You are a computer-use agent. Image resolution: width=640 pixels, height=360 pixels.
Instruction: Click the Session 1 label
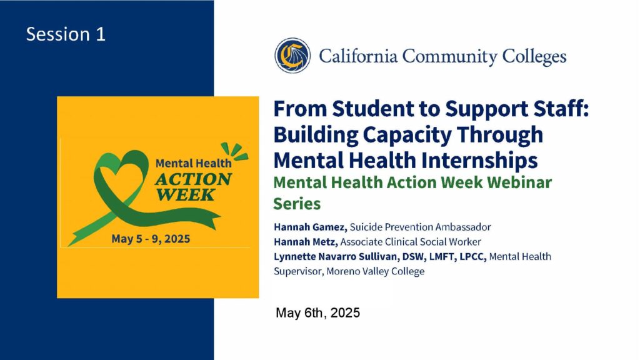[66, 34]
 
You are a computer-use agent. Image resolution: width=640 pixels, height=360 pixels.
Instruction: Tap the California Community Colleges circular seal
[292, 56]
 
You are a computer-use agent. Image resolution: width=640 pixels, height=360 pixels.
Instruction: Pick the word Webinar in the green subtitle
[519, 182]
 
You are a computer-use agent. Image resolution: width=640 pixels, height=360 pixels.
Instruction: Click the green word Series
[297, 204]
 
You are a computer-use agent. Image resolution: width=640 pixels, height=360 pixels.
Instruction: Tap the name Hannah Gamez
[310, 227]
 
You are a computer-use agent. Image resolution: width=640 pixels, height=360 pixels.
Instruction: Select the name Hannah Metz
[306, 242]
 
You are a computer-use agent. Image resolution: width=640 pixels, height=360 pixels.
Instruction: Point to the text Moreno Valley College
[375, 271]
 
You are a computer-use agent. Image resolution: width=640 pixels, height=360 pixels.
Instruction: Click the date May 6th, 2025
[317, 313]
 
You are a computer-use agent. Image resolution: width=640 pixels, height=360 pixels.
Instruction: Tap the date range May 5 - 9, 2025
[151, 239]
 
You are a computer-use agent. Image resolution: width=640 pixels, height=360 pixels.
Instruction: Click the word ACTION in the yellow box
[193, 179]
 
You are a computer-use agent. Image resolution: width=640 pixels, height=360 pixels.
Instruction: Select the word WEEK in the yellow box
[185, 195]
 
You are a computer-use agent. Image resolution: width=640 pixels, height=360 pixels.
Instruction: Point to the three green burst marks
[234, 151]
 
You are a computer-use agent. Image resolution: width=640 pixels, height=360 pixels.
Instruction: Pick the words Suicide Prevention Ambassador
[420, 227]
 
